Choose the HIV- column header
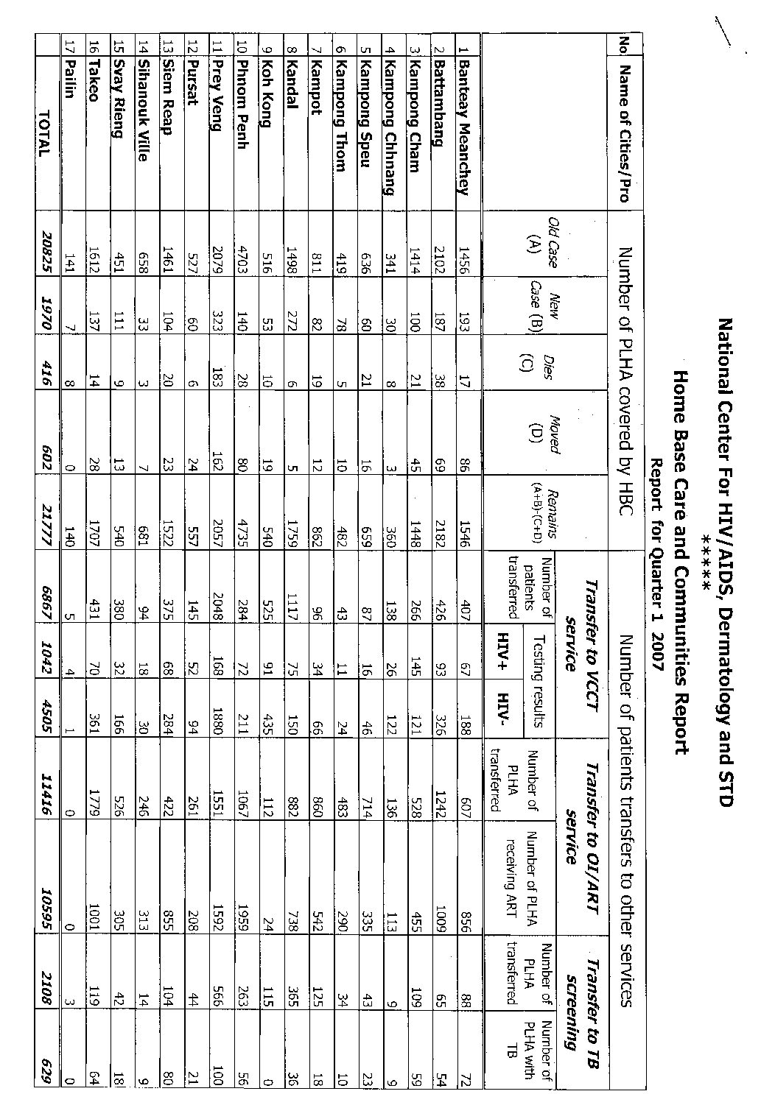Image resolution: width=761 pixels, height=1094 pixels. [x=503, y=706]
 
